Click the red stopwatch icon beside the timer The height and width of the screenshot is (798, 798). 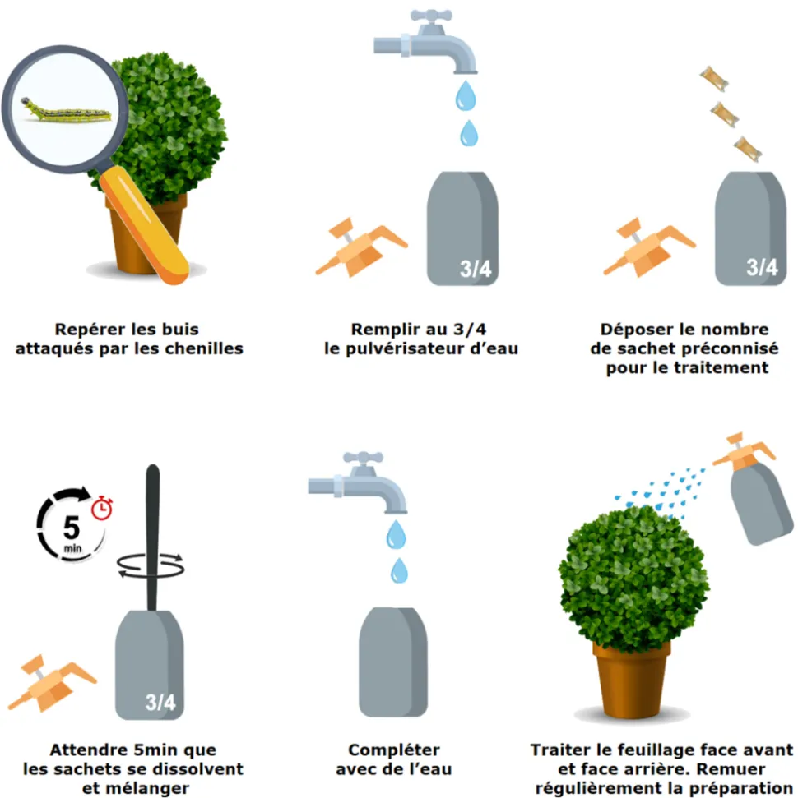click(102, 507)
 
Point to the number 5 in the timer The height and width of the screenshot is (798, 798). click(72, 528)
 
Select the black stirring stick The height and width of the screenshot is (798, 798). click(152, 537)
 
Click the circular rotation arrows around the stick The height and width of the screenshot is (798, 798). click(151, 565)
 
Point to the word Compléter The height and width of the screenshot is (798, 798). click(394, 750)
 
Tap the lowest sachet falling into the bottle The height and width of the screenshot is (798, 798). click(747, 149)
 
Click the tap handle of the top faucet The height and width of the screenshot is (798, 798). click(431, 16)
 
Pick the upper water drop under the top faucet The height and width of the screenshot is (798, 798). click(466, 95)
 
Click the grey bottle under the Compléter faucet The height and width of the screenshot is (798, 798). click(393, 662)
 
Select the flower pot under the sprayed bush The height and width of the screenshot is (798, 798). click(631, 680)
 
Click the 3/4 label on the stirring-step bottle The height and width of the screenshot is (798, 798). click(160, 703)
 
